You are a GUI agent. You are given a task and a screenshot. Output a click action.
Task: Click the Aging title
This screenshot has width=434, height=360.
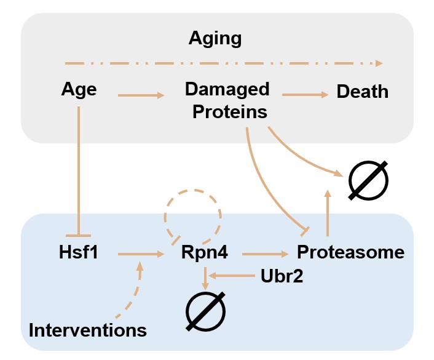[215, 39]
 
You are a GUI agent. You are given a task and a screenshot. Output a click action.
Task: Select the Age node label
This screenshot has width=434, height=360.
[79, 90]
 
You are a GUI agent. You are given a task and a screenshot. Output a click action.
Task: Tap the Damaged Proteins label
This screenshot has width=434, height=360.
[227, 100]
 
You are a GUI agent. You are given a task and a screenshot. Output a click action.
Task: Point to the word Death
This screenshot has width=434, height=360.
[363, 92]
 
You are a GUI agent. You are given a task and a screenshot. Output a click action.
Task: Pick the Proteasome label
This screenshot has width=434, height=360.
[351, 252]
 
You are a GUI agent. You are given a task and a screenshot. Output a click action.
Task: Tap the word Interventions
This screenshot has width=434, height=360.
[88, 330]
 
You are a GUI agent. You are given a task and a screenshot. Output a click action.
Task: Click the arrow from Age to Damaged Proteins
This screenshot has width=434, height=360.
[141, 95]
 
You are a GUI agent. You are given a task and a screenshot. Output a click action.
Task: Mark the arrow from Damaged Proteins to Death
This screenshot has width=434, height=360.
[305, 95]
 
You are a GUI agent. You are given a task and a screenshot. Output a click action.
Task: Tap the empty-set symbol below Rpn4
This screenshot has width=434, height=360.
[205, 310]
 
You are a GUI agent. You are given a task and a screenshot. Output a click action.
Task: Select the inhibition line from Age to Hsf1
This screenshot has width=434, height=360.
[79, 166]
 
